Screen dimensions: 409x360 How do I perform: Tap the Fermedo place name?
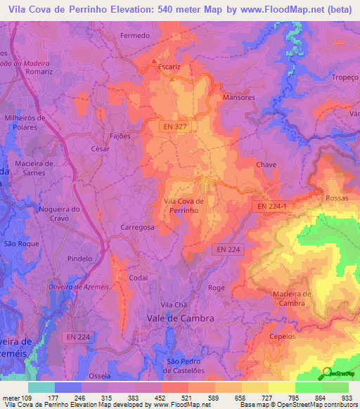pyautogui.click(x=135, y=35)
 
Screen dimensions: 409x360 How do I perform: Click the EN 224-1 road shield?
pyautogui.click(x=270, y=206)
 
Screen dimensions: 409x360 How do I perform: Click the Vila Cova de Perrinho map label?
pyautogui.click(x=184, y=205)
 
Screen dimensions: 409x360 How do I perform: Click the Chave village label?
pyautogui.click(x=266, y=164)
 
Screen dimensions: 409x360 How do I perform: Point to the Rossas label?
pyautogui.click(x=337, y=199)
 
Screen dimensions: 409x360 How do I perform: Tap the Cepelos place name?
pyautogui.click(x=283, y=337)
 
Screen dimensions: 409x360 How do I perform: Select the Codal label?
pyautogui.click(x=138, y=278)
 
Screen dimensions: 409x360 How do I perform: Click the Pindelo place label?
pyautogui.click(x=79, y=259)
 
